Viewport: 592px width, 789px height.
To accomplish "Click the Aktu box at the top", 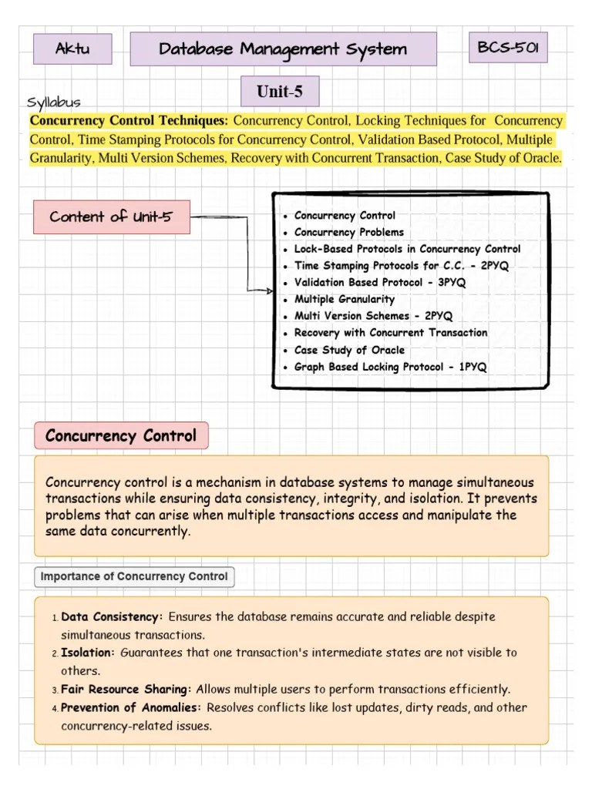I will coord(72,49).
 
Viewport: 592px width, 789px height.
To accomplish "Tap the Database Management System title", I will coord(283,49).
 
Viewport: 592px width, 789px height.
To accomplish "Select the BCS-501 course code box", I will coord(508,48).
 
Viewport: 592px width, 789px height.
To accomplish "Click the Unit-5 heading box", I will coord(279,92).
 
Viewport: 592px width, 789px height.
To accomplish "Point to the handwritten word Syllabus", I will coord(53,102).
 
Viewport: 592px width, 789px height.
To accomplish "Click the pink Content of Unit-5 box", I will coord(111,217).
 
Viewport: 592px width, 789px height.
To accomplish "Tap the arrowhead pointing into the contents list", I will coord(269,291).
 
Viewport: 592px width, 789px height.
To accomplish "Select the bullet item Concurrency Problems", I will coord(348,232).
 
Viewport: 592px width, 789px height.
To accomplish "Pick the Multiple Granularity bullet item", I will coord(344,299).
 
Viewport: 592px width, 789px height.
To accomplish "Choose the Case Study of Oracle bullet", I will coord(349,350).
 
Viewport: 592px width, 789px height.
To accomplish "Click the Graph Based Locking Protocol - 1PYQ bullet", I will coord(390,367).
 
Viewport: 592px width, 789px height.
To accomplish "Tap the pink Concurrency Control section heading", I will coord(121,435).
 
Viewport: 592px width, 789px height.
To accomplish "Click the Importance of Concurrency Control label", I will coord(134,576).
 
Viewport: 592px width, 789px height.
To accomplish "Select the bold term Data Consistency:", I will coord(112,617).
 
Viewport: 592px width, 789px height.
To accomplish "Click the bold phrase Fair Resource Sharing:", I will coord(127,689).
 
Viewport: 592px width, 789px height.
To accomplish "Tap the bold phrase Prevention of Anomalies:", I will coord(132,707).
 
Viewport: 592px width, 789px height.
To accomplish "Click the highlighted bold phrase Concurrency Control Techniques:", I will coord(129,121).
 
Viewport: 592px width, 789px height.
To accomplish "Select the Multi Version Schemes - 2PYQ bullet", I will coord(373,316).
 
